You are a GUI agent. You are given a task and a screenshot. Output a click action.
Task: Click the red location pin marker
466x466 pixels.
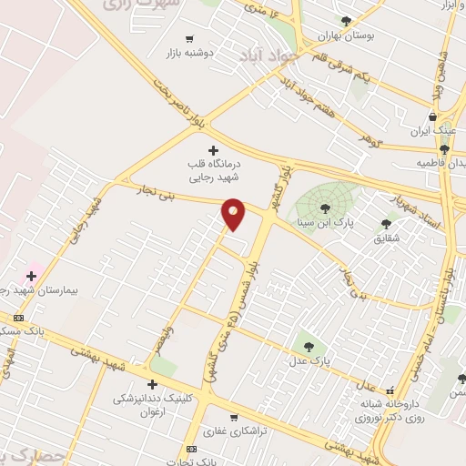point(234,213)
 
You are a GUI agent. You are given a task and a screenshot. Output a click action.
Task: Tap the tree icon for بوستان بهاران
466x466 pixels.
point(345,20)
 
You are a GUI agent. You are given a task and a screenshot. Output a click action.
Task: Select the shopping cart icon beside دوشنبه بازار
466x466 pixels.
point(189,38)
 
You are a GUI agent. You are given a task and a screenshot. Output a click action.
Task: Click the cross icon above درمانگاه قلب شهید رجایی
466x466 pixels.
point(213,150)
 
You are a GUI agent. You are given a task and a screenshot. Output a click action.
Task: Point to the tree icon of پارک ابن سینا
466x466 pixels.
point(325,208)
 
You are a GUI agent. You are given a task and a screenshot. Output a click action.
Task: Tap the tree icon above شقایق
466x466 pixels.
point(386,223)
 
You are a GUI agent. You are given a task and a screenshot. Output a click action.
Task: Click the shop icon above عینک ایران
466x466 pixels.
point(432,116)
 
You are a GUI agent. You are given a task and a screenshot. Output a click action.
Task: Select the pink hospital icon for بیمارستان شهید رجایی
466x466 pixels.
point(31,275)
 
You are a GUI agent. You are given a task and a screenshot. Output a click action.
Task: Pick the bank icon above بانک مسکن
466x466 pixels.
point(19,317)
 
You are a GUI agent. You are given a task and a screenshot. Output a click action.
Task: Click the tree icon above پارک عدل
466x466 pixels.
point(308,346)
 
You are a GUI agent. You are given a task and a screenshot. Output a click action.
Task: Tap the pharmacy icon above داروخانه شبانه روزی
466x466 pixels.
point(390,391)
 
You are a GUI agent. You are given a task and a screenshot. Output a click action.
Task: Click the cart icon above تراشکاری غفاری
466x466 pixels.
point(234,418)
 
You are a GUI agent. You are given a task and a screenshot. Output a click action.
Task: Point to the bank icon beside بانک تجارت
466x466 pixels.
point(191,450)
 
